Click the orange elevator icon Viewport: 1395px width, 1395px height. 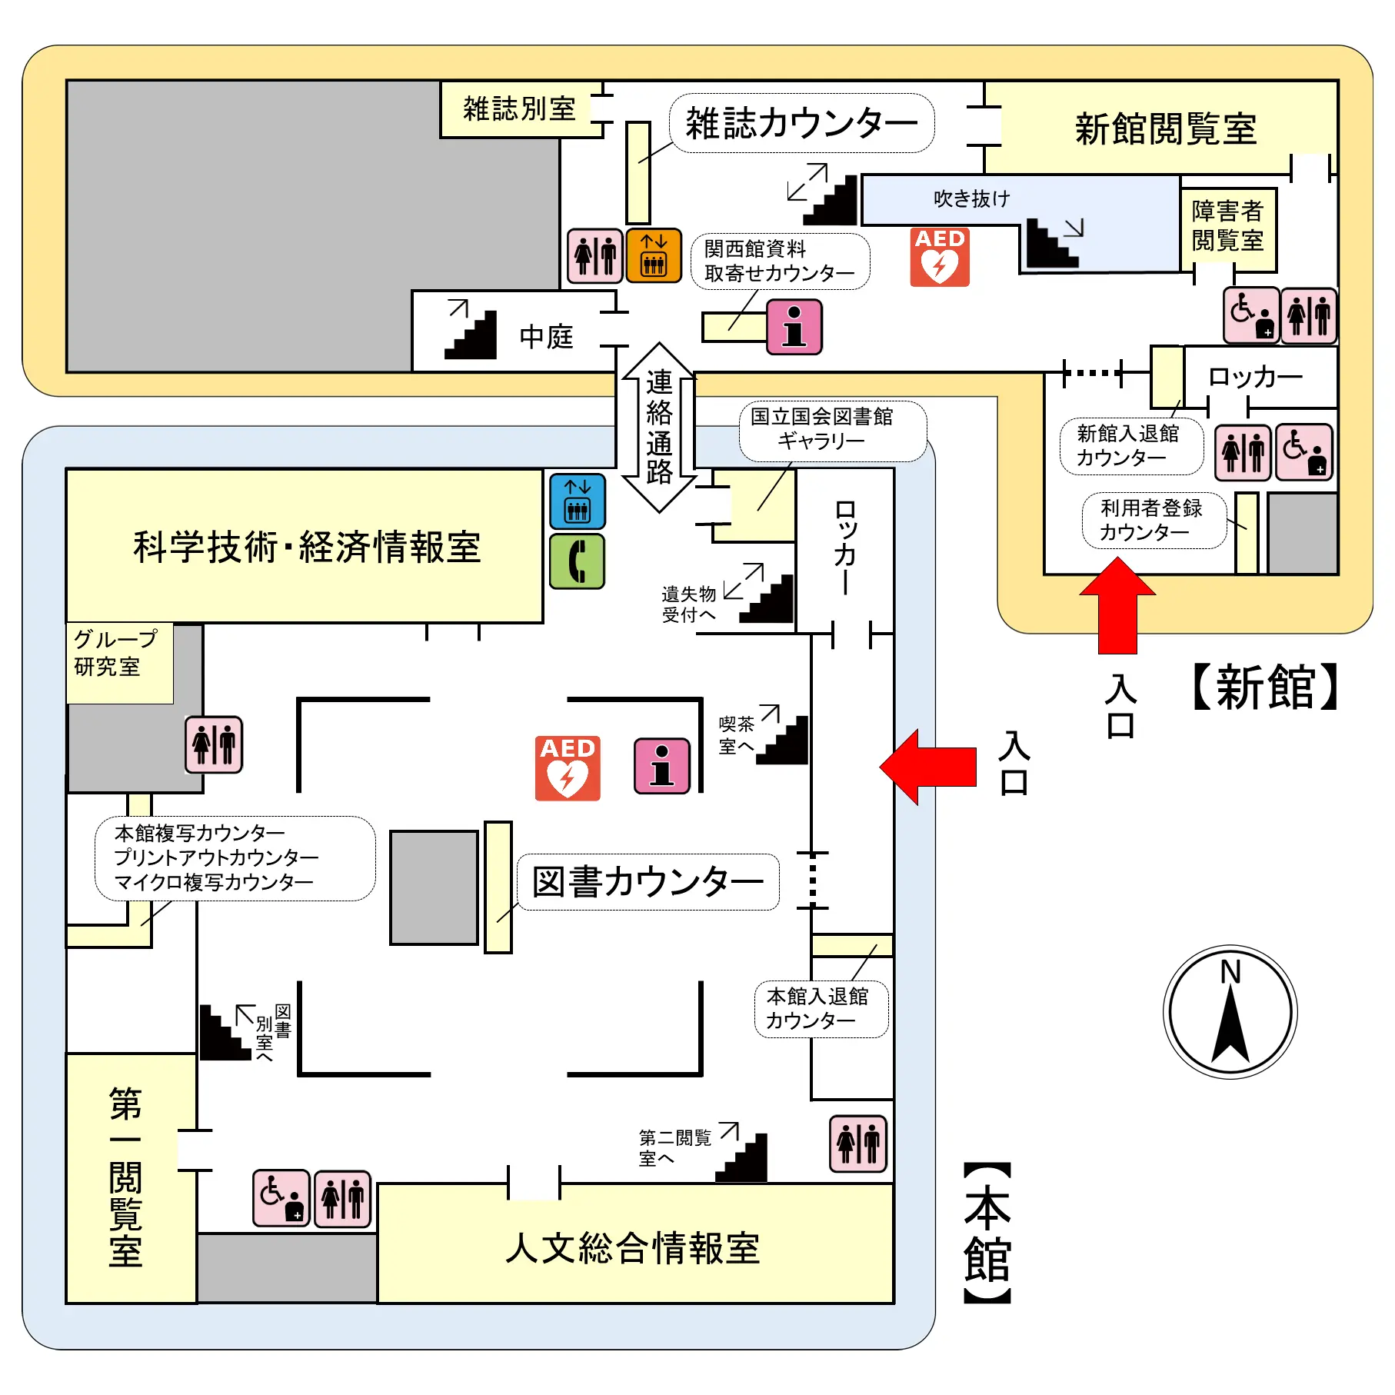(654, 255)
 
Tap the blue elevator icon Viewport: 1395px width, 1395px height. (578, 501)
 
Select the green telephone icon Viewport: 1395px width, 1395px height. (578, 561)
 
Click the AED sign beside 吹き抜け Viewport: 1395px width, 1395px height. (940, 257)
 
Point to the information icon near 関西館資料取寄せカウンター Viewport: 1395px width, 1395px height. (794, 328)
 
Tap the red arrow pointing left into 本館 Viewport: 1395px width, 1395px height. (928, 767)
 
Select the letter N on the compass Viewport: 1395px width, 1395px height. (1230, 972)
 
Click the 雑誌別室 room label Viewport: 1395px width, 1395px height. (519, 109)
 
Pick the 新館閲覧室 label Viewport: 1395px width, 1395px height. (1165, 128)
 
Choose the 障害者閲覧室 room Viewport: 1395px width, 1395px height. (1227, 226)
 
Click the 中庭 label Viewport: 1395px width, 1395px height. (546, 337)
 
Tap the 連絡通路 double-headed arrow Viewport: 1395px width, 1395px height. (659, 428)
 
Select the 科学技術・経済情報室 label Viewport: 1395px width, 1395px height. (307, 547)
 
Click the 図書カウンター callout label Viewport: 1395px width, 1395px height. (648, 882)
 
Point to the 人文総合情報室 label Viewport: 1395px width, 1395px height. (632, 1247)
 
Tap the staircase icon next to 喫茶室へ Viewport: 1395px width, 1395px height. (783, 740)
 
